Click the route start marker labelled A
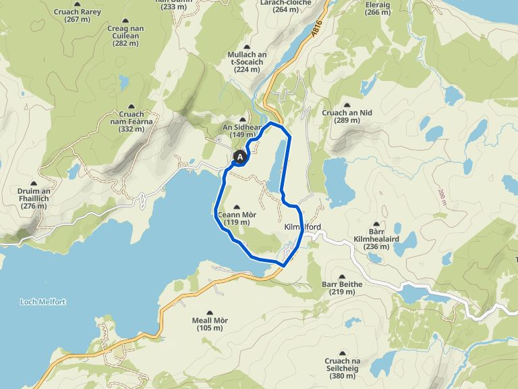pyautogui.click(x=239, y=157)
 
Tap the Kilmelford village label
pyautogui.click(x=302, y=227)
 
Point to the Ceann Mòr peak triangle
pyautogui.click(x=235, y=207)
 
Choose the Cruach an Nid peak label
pyautogui.click(x=348, y=116)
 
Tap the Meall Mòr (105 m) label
pyautogui.click(x=209, y=323)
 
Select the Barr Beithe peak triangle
pyautogui.click(x=343, y=276)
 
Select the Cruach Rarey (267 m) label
pyautogui.click(x=78, y=16)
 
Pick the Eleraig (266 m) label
pyautogui.click(x=376, y=8)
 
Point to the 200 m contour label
pyautogui.click(x=443, y=197)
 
